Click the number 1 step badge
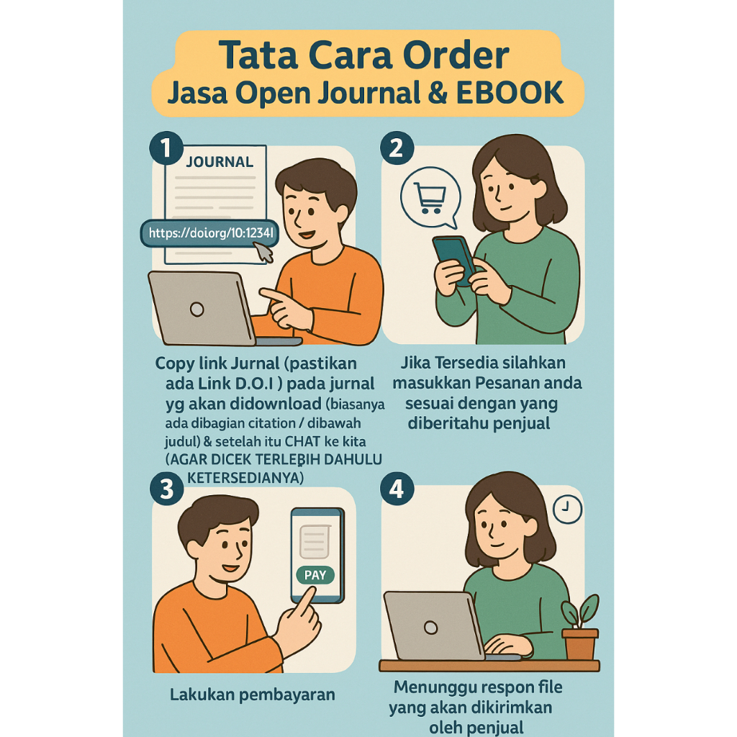pos(166,148)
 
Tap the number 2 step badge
pos(397,148)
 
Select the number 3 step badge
pos(167,489)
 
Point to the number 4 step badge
pos(397,489)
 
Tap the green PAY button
pos(315,575)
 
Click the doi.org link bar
pos(209,232)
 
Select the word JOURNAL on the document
pos(220,162)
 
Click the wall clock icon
pos(567,509)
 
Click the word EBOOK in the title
pos(510,93)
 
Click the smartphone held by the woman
pos(454,260)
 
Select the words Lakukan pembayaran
pos(253,695)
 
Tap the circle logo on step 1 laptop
pos(197,309)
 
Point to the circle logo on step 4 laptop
pos(431,628)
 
